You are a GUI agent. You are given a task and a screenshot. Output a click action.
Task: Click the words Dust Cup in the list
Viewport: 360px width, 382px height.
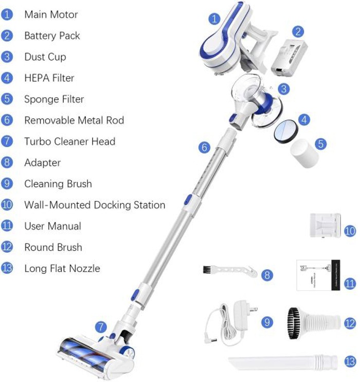coord(45,57)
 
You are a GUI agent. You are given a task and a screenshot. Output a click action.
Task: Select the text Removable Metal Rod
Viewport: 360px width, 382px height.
coord(74,120)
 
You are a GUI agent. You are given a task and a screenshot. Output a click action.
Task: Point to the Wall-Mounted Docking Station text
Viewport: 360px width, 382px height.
coord(95,205)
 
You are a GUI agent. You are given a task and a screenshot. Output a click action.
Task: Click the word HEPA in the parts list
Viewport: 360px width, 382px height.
coord(35,78)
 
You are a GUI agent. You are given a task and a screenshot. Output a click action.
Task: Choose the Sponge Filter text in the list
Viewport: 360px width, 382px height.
coord(54,99)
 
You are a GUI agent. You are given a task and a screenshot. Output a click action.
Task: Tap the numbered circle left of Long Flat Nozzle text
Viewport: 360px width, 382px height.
coord(7,268)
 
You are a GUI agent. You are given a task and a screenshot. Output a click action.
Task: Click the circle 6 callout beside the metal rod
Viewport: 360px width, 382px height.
coord(205,147)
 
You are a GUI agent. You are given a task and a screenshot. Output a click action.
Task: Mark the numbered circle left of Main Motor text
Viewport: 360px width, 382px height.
coord(7,14)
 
